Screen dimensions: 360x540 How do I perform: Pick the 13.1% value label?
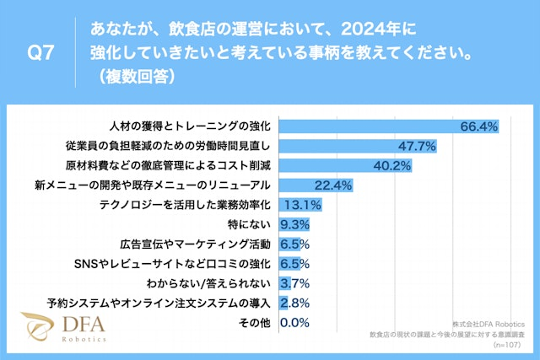tap(303, 205)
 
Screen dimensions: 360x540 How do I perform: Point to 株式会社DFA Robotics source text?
tap(489, 324)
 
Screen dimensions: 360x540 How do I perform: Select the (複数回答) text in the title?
tap(133, 77)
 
